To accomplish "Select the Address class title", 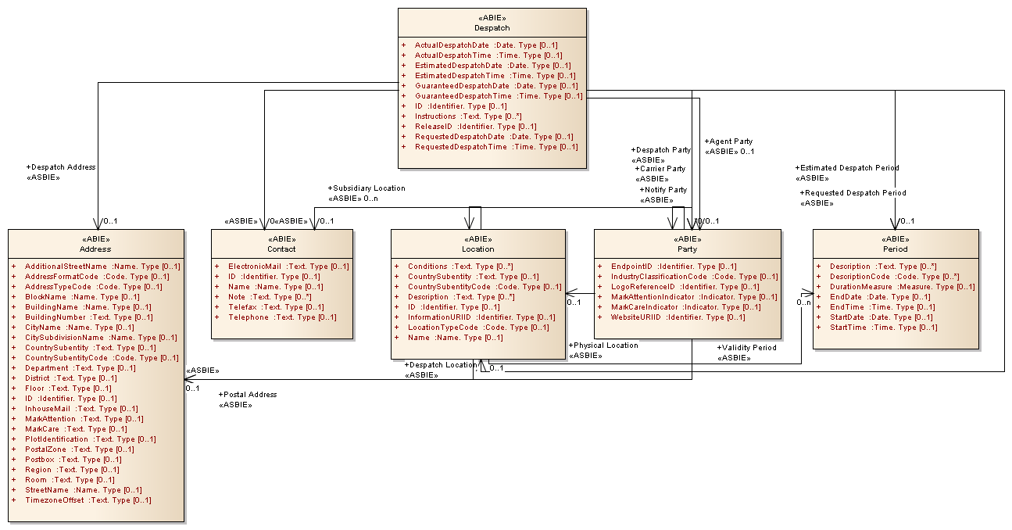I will pyautogui.click(x=95, y=249).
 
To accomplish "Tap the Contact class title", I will pyautogui.click(x=281, y=249).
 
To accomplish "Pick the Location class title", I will pyautogui.click(x=477, y=249).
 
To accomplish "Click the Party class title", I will pyautogui.click(x=687, y=249).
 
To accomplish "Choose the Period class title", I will pyautogui.click(x=895, y=249).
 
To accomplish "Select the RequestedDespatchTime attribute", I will pyautogui.click(x=461, y=147).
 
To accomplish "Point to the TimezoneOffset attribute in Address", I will pyautogui.click(x=56, y=500).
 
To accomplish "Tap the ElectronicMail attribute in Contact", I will pyautogui.click(x=255, y=267).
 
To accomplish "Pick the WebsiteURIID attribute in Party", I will pyautogui.click(x=637, y=317).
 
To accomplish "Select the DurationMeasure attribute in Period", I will pyautogui.click(x=861, y=287).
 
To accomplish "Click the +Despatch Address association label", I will pyautogui.click(x=62, y=167).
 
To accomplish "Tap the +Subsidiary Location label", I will pyautogui.click(x=367, y=188).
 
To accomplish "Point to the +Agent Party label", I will pyautogui.click(x=730, y=141).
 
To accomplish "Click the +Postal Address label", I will pyautogui.click(x=249, y=395).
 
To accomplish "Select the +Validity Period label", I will pyautogui.click(x=747, y=348).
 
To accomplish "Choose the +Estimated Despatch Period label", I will pyautogui.click(x=848, y=168).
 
